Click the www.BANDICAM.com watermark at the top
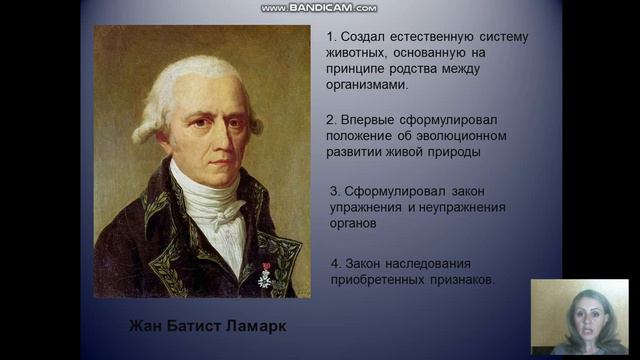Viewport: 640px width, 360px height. (x=319, y=8)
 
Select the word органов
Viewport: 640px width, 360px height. (x=358, y=224)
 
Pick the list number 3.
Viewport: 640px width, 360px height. (x=334, y=190)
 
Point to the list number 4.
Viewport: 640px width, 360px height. (x=334, y=262)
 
